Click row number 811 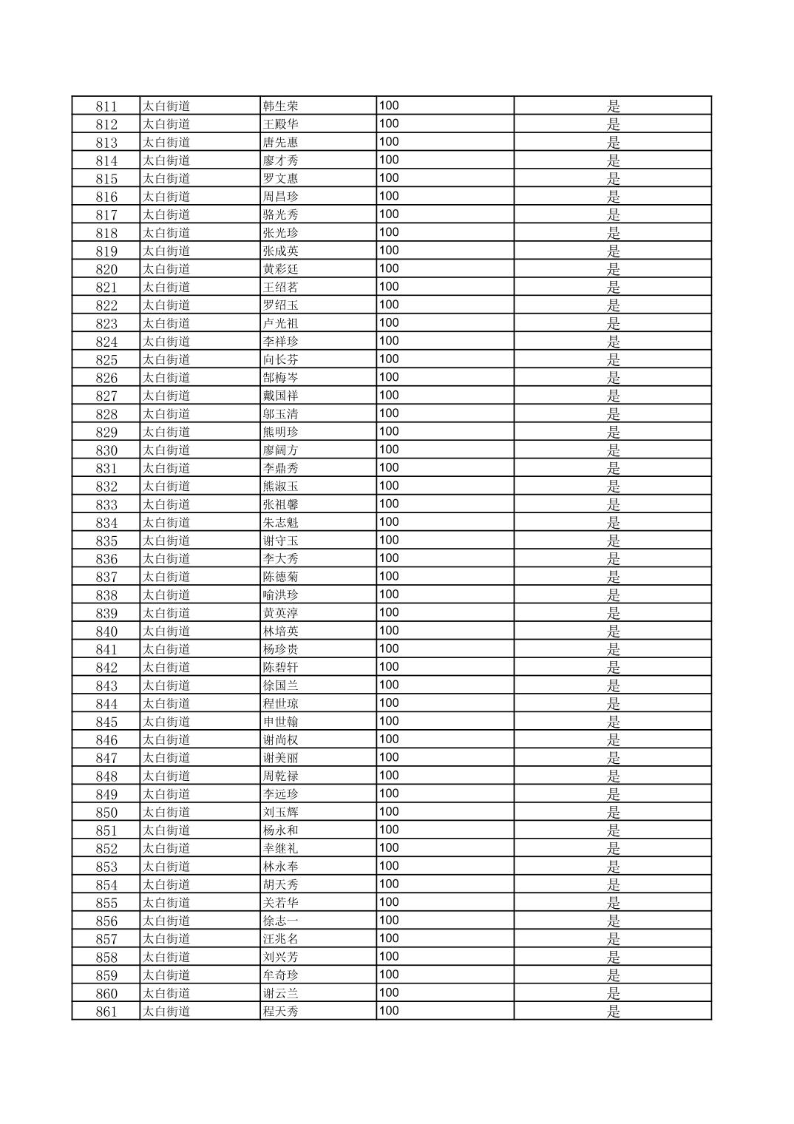[x=106, y=106]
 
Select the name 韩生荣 [x=280, y=106]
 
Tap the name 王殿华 [x=280, y=124]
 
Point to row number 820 [x=106, y=269]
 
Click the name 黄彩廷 [x=280, y=269]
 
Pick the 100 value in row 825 [x=389, y=359]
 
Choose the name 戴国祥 [x=280, y=396]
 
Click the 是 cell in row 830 [x=613, y=450]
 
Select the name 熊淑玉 [x=280, y=487]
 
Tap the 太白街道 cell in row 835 [x=166, y=541]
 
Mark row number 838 [x=106, y=595]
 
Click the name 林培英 [x=280, y=632]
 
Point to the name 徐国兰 [x=280, y=685]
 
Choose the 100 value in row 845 [x=389, y=721]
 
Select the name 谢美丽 [x=280, y=758]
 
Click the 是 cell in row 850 [x=613, y=812]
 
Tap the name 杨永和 [x=280, y=830]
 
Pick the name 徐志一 [x=280, y=921]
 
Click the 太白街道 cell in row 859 [x=166, y=975]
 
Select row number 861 [x=106, y=1012]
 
